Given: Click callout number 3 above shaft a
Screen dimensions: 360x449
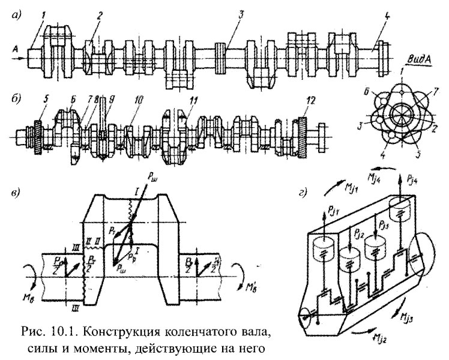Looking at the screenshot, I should click(x=240, y=14).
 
